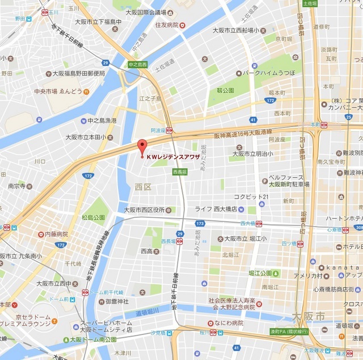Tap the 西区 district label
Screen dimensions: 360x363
point(142,186)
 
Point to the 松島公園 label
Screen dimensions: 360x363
point(94,217)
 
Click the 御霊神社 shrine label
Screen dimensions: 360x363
point(115,301)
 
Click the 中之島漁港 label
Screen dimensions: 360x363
point(102,120)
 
